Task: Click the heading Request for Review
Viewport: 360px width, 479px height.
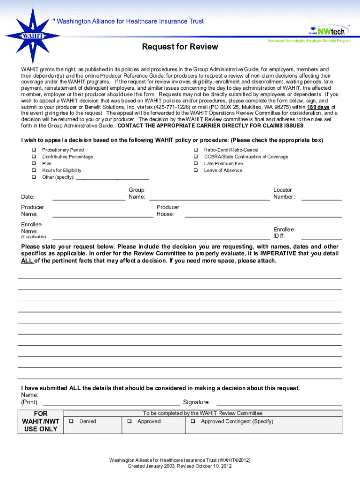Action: coord(180,47)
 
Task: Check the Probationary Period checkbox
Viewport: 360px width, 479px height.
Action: coord(34,150)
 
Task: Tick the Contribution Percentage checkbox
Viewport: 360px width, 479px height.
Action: coord(34,157)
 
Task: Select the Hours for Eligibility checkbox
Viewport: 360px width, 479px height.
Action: coord(34,171)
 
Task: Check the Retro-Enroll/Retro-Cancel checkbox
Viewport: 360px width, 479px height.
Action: coord(196,150)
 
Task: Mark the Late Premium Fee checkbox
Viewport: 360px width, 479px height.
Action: coord(196,164)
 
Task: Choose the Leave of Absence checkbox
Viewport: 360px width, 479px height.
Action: coord(196,171)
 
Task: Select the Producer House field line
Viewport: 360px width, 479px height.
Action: coord(263,216)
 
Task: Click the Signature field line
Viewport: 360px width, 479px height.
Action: coord(279,404)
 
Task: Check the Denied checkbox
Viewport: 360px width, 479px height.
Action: coord(72,421)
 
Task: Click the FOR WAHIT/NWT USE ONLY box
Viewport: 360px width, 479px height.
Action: coord(41,421)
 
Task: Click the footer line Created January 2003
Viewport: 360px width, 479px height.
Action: coord(180,466)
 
